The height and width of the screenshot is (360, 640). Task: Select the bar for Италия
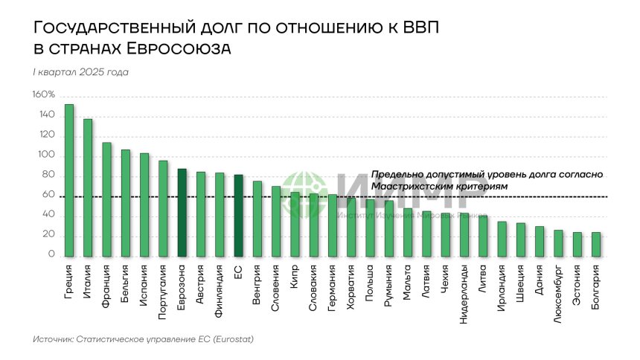point(88,188)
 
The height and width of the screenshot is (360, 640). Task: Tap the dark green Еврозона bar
point(182,213)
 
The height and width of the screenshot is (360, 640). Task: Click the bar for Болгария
point(596,245)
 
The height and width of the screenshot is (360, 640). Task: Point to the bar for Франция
point(106,200)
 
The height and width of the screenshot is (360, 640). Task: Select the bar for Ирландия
point(502,240)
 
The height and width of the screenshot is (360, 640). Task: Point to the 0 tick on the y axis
point(51,255)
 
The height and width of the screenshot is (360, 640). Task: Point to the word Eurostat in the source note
point(231,339)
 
